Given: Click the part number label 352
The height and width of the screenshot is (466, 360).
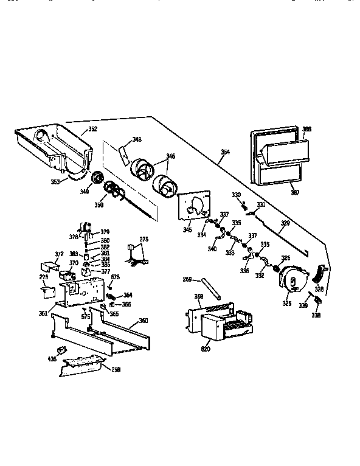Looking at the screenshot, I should coord(92,129).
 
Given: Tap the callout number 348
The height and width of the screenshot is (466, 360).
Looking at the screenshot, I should coord(137,140).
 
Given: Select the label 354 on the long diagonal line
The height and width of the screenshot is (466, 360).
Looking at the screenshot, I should coord(225,152).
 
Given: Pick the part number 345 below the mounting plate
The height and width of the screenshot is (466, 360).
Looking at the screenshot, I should coord(187,229).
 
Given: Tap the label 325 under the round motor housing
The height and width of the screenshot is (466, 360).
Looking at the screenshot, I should coord(285,302).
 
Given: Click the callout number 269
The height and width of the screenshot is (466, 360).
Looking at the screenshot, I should coord(188,280).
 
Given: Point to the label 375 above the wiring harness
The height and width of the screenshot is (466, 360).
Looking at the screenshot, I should coord(144,239).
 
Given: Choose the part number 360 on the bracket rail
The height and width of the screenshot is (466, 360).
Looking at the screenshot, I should coord(144,321).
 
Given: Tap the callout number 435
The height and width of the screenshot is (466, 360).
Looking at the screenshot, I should coord(52,360).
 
